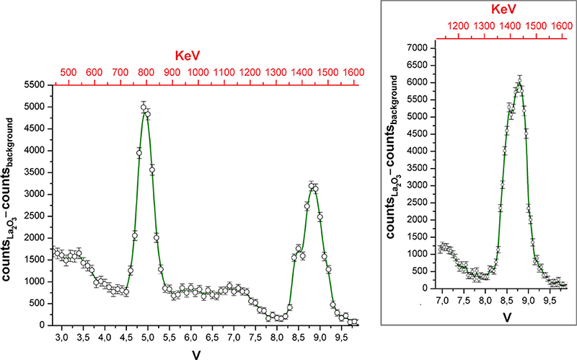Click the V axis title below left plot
coord(196,354)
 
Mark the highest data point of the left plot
coord(144,107)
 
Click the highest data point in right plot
coord(519,82)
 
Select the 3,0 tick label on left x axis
coord(62,337)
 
